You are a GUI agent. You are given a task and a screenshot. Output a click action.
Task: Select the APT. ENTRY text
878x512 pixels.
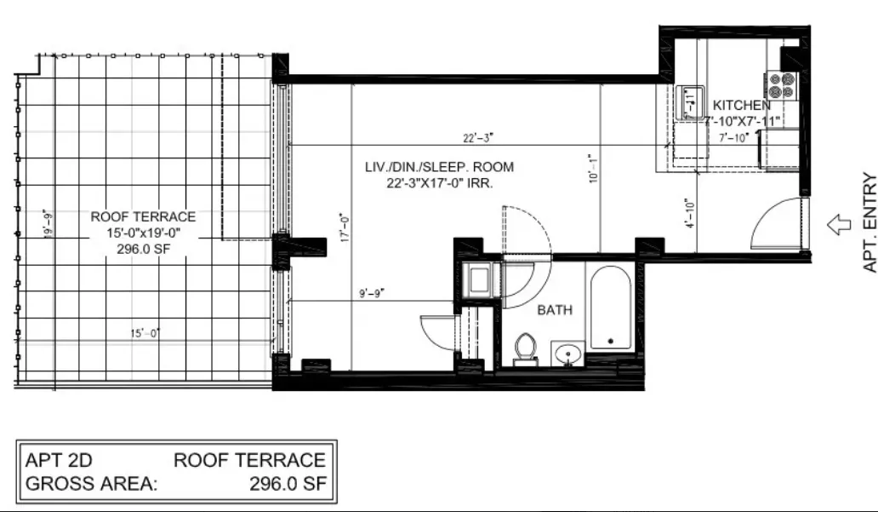point(869,223)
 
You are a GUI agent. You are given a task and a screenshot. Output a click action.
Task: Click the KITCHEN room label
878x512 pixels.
point(741,105)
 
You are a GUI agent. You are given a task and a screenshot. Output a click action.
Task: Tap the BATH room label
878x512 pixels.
point(554,310)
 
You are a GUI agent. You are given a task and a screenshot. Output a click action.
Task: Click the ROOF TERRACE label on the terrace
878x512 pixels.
point(143,217)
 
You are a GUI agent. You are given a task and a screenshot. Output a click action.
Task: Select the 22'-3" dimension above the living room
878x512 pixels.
point(477,137)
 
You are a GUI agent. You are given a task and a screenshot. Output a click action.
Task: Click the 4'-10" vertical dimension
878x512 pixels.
point(689,215)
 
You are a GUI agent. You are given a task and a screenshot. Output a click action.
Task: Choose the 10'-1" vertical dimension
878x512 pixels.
point(593,168)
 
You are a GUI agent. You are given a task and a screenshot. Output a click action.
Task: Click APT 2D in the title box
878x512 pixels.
point(60,461)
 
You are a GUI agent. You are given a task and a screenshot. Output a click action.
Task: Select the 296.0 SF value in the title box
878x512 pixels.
point(288,486)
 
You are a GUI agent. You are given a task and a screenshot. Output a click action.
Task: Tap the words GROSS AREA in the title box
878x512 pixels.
point(92,486)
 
